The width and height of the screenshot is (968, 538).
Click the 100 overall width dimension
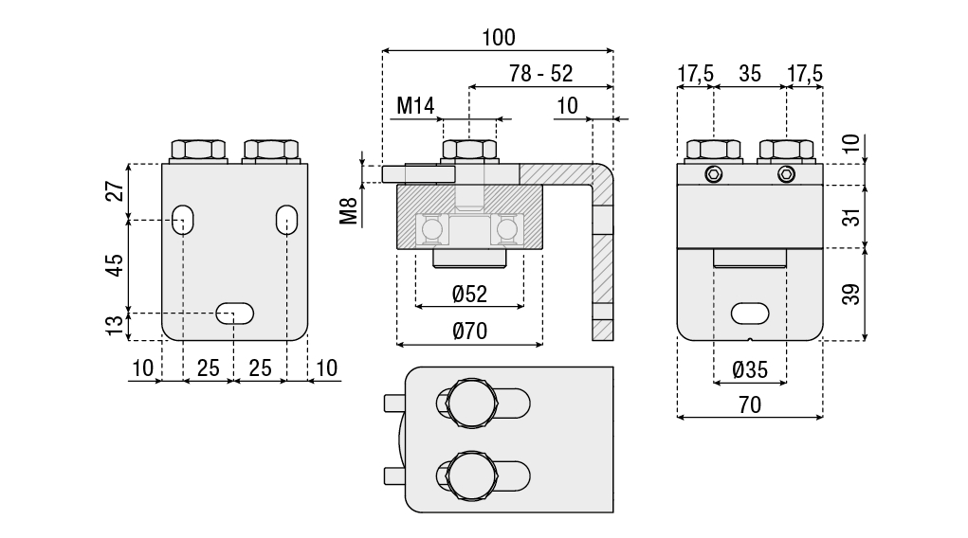point(498,37)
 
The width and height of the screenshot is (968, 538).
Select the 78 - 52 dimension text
point(541,74)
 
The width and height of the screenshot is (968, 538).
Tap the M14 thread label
point(414,105)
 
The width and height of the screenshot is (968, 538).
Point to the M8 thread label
point(350,211)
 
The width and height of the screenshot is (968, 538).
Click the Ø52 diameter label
point(469,295)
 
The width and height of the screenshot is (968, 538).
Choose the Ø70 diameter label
point(469,331)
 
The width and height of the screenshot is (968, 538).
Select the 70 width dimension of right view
point(749,404)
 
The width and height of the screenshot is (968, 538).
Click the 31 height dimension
point(852,217)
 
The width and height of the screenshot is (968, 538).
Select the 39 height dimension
point(852,295)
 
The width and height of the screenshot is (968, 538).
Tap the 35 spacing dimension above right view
point(750,74)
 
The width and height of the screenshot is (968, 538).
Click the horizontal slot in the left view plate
point(234,314)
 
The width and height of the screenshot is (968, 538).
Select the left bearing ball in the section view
point(431,229)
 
